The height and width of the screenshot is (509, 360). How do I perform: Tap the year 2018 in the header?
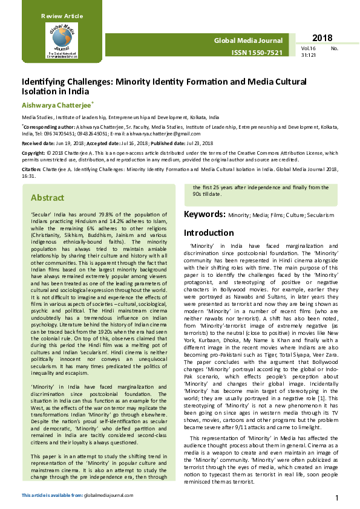tap(322, 38)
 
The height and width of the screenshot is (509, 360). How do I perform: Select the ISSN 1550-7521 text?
tap(257, 53)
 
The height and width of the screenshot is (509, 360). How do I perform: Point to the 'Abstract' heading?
tap(47, 198)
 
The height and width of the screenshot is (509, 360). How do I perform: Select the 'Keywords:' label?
tap(205, 214)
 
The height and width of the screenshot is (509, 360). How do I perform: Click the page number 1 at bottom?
tap(336, 498)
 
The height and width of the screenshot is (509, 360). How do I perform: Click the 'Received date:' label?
tap(37, 143)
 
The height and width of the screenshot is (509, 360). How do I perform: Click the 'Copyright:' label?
tap(33, 153)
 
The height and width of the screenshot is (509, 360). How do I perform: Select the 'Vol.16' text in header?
tap(309, 48)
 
